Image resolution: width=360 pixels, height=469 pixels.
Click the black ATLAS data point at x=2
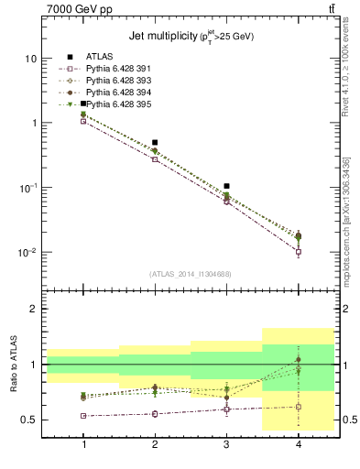coord(155,143)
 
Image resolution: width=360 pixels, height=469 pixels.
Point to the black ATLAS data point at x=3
coord(226,186)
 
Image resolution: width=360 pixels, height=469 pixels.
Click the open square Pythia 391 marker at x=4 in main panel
coord(298,251)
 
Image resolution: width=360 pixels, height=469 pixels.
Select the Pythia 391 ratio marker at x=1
coord(83,416)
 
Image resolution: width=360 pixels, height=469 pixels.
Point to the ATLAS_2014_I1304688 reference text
coord(191,274)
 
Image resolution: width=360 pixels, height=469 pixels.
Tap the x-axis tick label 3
coord(226,444)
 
